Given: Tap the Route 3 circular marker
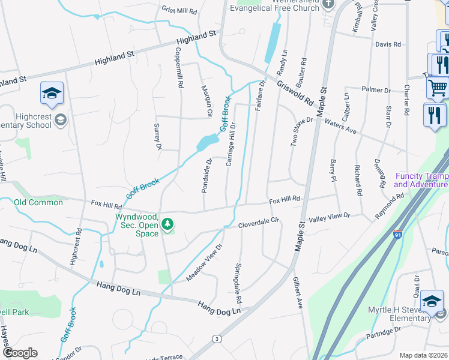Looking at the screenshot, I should click(217, 339).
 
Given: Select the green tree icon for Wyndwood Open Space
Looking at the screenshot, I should click(169, 224).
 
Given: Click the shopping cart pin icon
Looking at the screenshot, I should click(438, 88).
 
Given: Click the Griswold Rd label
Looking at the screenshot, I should click(295, 93).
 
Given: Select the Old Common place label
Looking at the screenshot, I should click(38, 203).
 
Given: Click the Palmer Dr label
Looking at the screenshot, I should click(376, 90).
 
